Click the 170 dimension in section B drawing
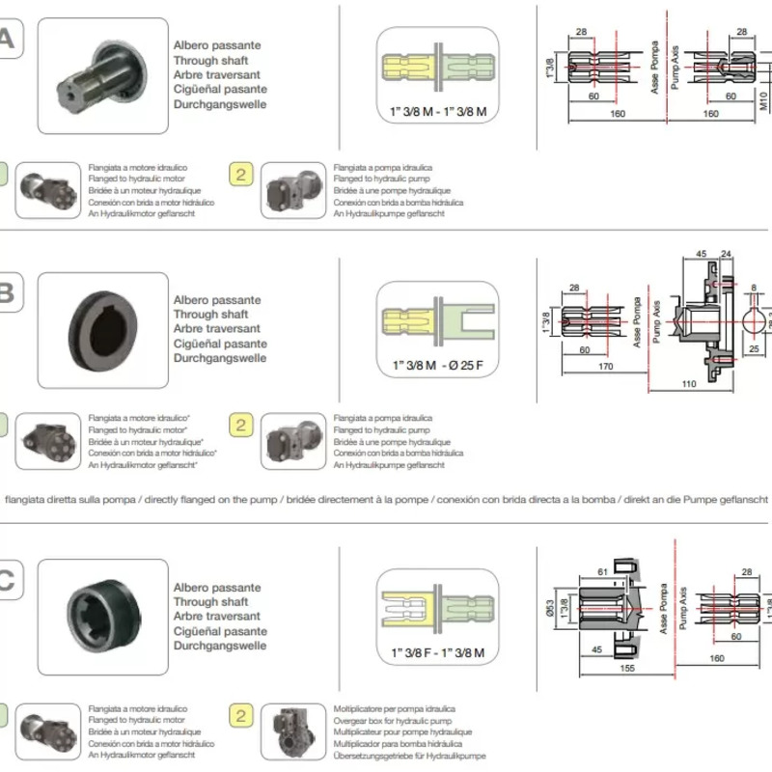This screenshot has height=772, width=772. coord(606,366)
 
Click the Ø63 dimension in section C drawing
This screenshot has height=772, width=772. coord(548,609)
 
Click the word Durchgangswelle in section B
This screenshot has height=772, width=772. coord(219,358)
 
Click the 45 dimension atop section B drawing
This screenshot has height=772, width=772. coord(702,255)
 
